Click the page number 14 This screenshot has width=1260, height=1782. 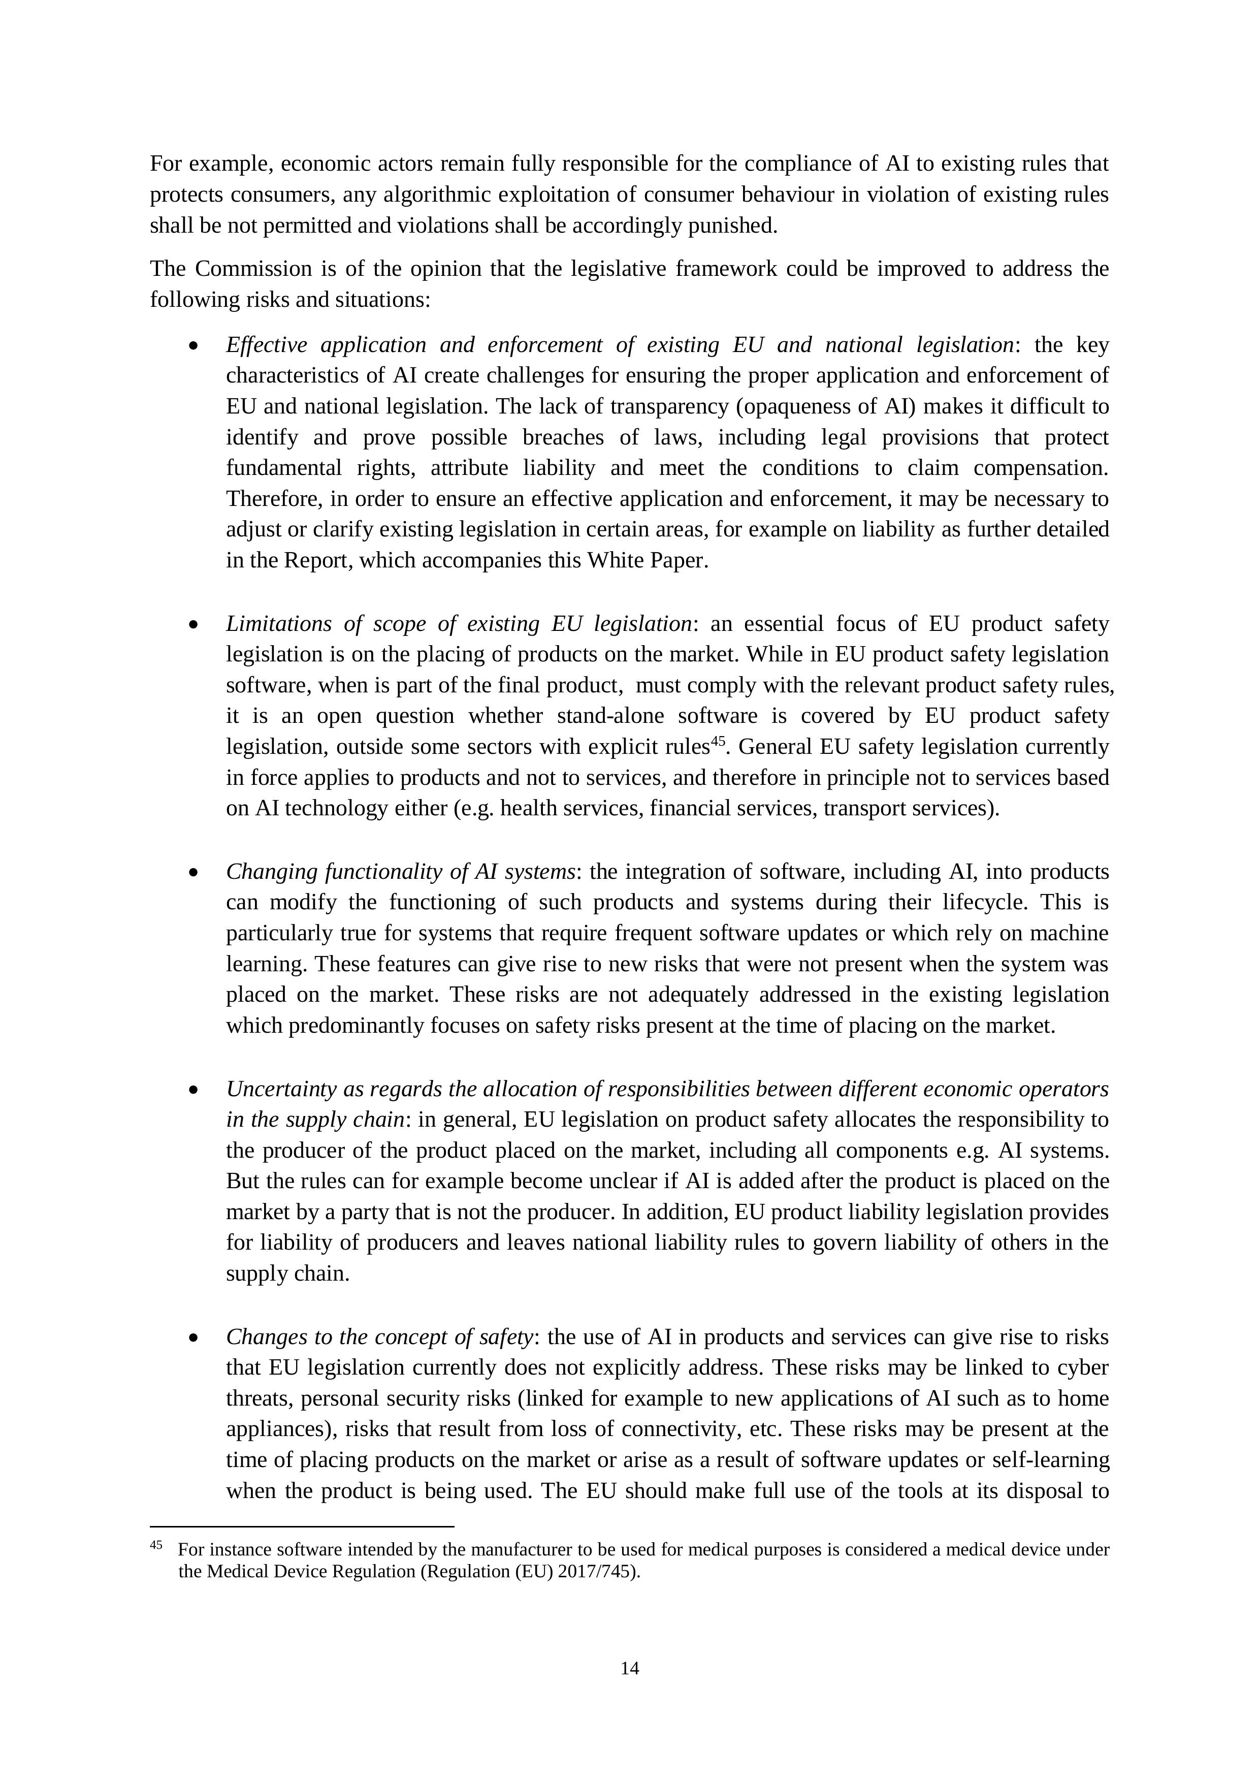pyautogui.click(x=629, y=1668)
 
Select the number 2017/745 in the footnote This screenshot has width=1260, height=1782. pyautogui.click(x=597, y=1572)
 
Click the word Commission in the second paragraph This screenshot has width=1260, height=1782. pyautogui.click(x=241, y=269)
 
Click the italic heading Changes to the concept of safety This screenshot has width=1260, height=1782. pyautogui.click(x=379, y=1338)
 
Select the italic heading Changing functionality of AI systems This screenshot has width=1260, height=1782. pyautogui.click(x=400, y=872)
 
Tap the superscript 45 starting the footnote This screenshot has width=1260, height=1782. pyautogui.click(x=156, y=1544)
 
